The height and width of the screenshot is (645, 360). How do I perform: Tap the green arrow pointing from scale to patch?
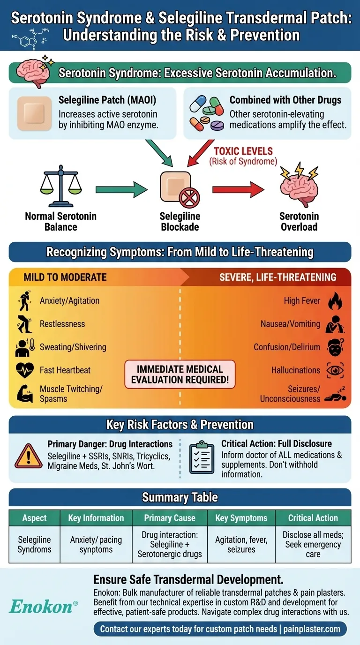120,190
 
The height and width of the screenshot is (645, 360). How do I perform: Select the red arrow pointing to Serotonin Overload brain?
237,190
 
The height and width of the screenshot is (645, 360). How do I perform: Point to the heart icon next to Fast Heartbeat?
25,370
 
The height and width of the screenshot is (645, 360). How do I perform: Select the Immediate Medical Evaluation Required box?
180,375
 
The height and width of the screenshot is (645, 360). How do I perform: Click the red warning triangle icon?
29,456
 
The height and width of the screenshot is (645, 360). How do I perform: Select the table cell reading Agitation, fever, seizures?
241,545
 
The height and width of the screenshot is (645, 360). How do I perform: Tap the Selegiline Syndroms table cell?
34,545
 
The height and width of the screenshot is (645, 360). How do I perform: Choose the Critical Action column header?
313,518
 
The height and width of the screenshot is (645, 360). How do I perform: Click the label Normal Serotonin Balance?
60,221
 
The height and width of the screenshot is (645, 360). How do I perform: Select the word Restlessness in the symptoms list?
62,324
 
